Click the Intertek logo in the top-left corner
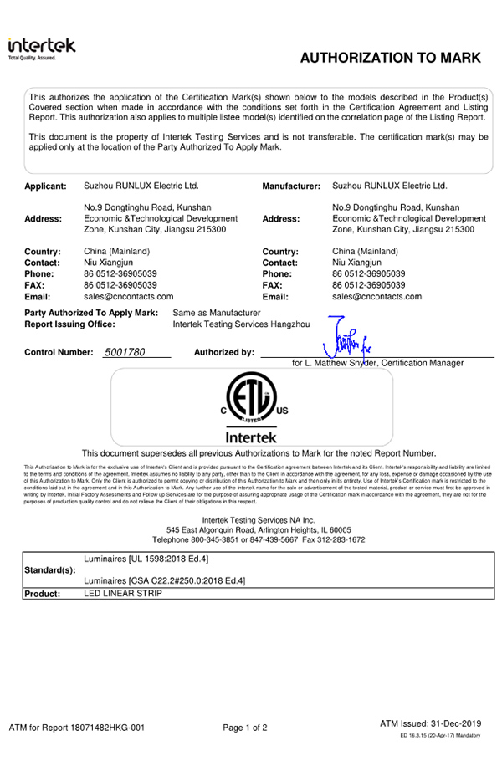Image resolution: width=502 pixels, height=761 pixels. click(x=42, y=48)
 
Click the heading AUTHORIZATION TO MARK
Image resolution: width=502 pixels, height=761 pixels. click(x=390, y=58)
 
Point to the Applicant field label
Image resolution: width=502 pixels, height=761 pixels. click(x=45, y=186)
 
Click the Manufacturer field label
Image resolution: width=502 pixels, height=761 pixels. click(x=291, y=186)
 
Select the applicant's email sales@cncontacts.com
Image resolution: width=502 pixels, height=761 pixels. click(x=129, y=296)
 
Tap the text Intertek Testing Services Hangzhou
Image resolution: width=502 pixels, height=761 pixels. click(x=241, y=324)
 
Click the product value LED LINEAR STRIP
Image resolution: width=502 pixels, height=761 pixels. click(x=122, y=593)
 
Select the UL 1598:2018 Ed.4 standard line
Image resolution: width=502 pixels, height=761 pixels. click(x=146, y=558)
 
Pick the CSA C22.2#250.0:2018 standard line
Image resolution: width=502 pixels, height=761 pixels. click(x=165, y=580)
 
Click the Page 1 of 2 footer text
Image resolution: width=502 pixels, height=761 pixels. click(x=245, y=728)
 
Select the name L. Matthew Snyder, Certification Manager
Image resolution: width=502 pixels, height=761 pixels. click(x=378, y=363)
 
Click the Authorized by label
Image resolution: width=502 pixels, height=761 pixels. click(x=223, y=352)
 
